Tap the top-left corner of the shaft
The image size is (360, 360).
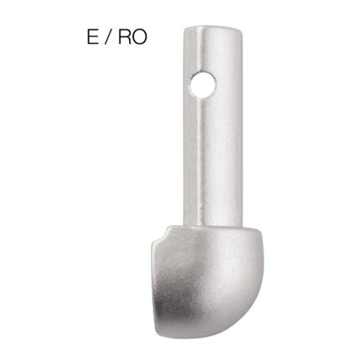186,32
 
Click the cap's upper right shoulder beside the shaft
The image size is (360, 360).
248,233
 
